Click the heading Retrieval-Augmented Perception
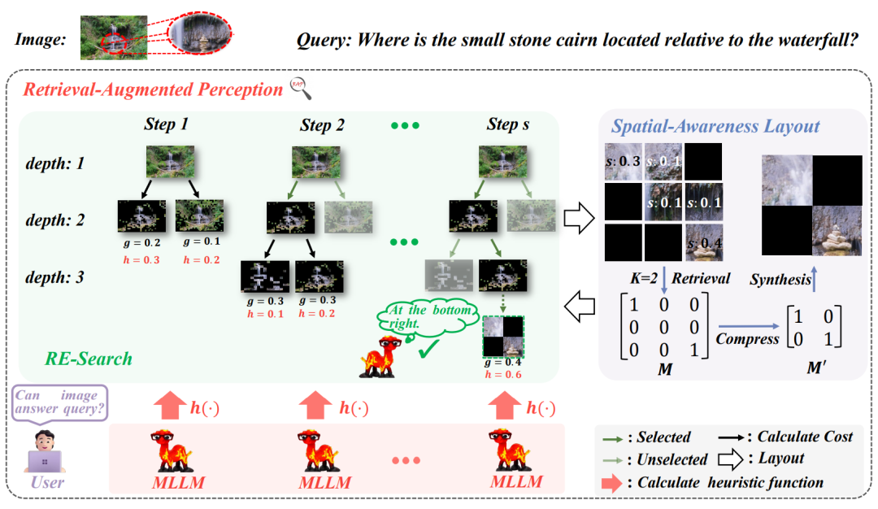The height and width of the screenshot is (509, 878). tap(152, 89)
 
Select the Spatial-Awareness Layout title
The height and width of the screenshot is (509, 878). tap(715, 126)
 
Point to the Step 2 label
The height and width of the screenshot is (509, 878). tap(322, 125)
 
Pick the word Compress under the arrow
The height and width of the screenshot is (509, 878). tap(747, 339)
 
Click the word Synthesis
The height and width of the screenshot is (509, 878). tap(780, 280)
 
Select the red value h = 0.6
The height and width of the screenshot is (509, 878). tap(502, 376)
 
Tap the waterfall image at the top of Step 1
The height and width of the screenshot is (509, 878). tap(171, 162)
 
